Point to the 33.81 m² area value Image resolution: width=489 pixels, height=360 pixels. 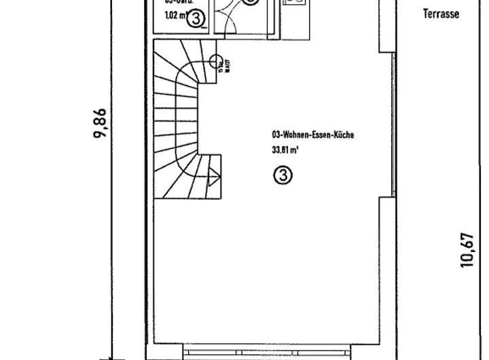click(285, 151)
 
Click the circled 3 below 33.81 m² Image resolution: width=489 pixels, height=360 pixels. click(283, 175)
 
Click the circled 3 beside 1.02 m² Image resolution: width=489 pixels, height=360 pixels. click(196, 19)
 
